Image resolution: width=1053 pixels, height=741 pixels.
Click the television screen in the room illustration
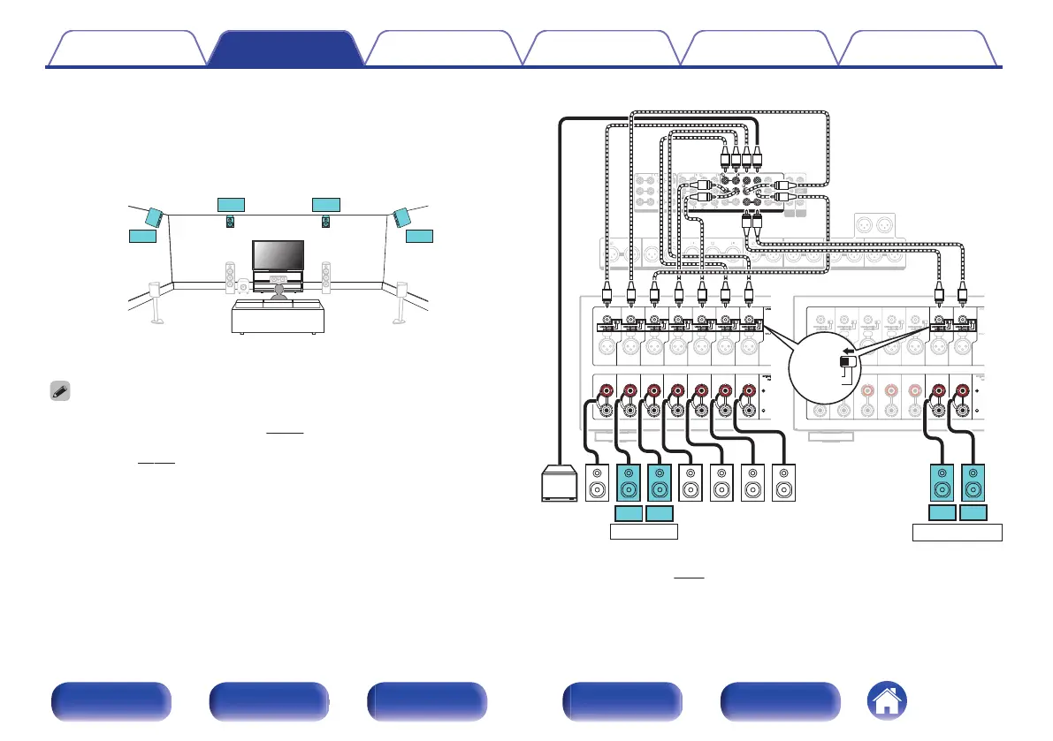click(278, 255)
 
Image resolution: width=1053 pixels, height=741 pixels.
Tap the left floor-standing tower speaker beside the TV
click(231, 276)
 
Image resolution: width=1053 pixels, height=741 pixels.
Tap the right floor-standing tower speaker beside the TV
click(326, 276)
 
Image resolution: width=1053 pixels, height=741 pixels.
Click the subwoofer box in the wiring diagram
click(558, 485)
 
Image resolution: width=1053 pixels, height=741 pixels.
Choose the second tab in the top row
click(286, 49)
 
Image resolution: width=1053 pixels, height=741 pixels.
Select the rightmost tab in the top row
click(919, 49)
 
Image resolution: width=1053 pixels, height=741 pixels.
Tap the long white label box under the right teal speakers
click(958, 532)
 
